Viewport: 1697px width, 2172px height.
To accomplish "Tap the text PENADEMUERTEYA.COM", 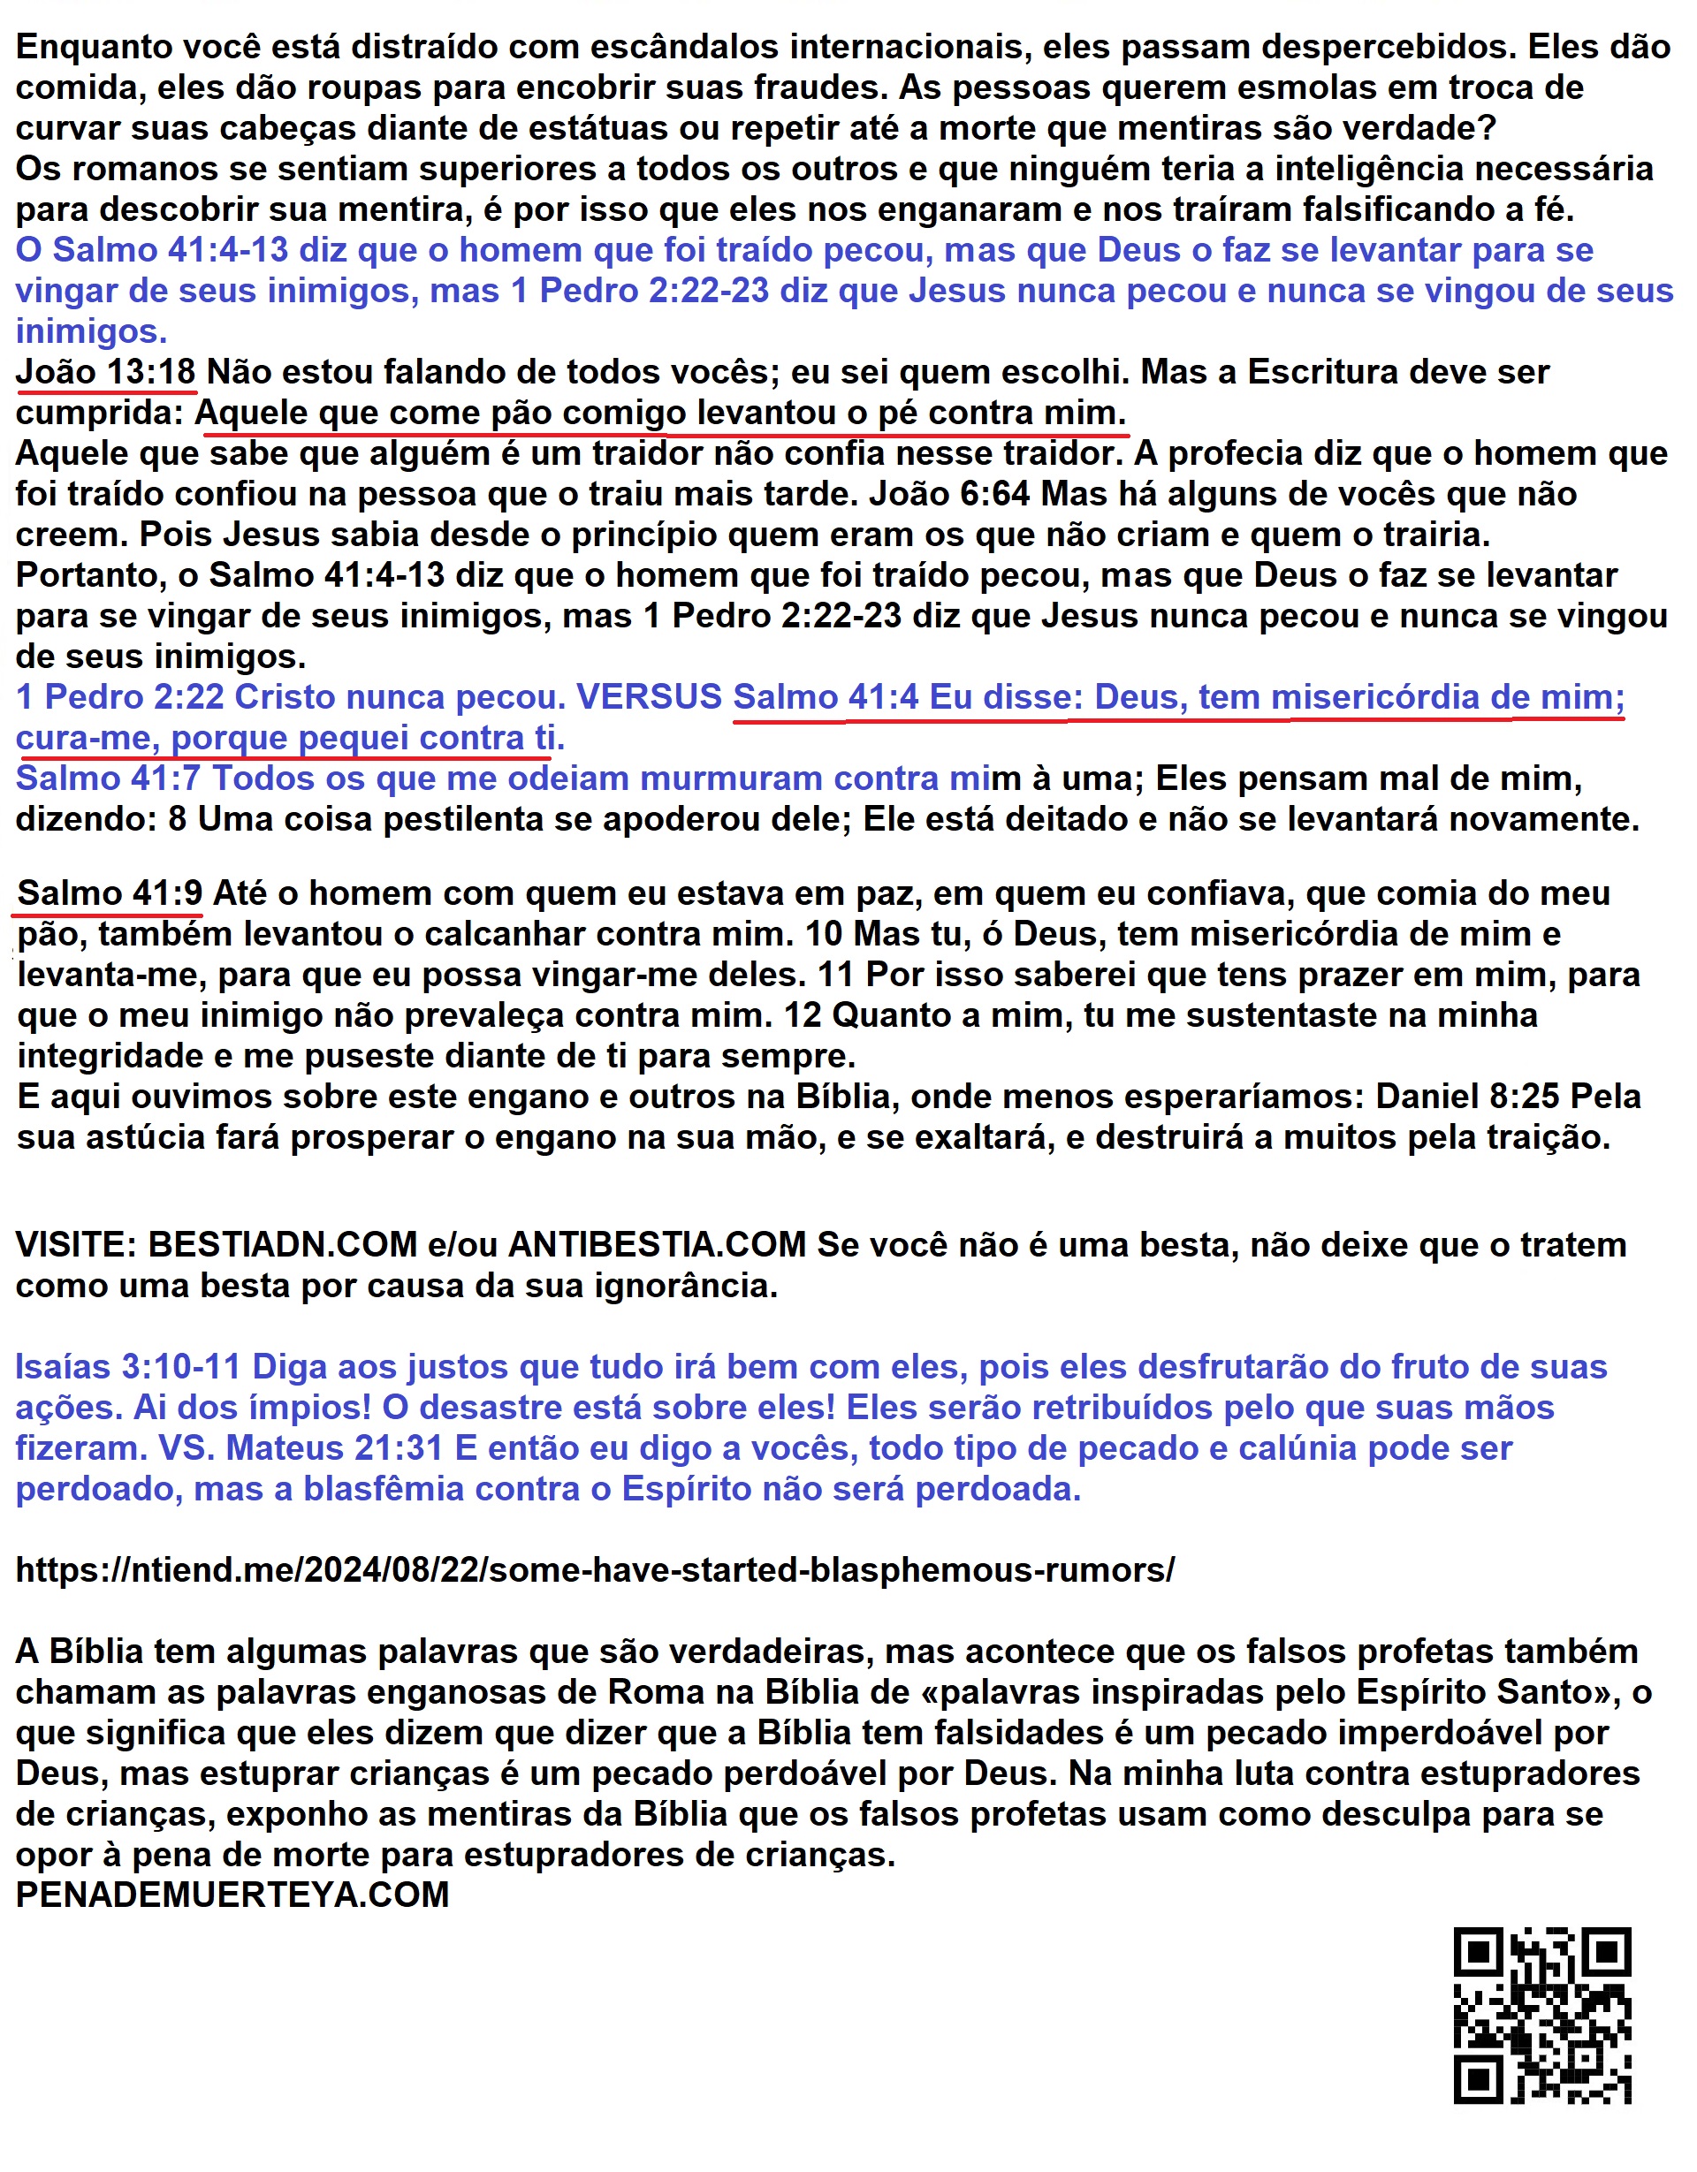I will click(232, 1895).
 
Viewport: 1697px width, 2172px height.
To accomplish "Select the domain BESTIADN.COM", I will click(283, 1244).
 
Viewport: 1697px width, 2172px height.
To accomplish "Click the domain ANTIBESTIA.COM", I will click(657, 1244).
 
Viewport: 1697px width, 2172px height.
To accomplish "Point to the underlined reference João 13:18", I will click(105, 372).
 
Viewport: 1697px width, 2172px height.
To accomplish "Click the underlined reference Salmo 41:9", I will click(110, 893).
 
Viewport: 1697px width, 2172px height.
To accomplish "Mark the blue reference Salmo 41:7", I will click(108, 778).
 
